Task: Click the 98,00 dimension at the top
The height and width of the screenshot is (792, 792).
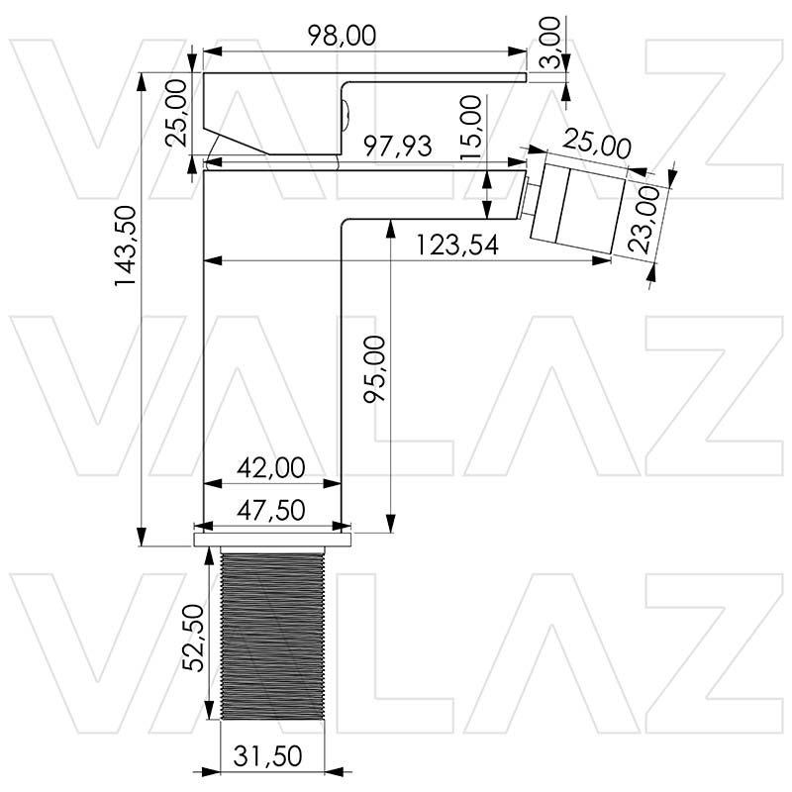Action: pos(341,36)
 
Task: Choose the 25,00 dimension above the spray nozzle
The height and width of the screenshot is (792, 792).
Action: pos(596,148)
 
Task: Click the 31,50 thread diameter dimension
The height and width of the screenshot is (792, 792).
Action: pos(267,755)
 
